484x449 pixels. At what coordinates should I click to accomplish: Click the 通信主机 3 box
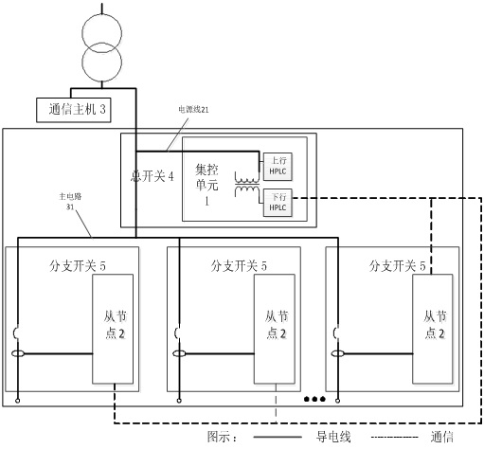pos(74,110)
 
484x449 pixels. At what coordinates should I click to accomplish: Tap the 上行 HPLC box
pos(278,167)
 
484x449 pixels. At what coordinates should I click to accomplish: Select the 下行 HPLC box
pos(278,203)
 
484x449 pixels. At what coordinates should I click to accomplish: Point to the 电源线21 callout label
pos(193,110)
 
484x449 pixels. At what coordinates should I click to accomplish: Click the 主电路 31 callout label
pos(70,202)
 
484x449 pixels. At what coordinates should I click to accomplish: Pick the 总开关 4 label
pos(152,176)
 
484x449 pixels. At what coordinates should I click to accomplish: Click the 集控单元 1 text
pos(206,185)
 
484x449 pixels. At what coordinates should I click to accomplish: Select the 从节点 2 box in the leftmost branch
pos(113,329)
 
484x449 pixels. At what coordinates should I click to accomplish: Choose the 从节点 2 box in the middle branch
pos(275,329)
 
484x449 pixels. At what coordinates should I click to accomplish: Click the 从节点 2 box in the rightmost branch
pos(433,329)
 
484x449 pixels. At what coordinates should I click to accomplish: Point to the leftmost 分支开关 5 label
pos(78,266)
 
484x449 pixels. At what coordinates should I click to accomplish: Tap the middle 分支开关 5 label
pos(239,266)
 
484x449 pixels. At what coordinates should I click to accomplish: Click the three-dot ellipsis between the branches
pos(314,399)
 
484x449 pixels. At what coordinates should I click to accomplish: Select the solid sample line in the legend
pos(278,437)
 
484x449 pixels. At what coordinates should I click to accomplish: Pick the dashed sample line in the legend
pos(395,438)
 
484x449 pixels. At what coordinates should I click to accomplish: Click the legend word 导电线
pos(333,437)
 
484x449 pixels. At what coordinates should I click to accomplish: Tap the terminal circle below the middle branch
pos(179,401)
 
